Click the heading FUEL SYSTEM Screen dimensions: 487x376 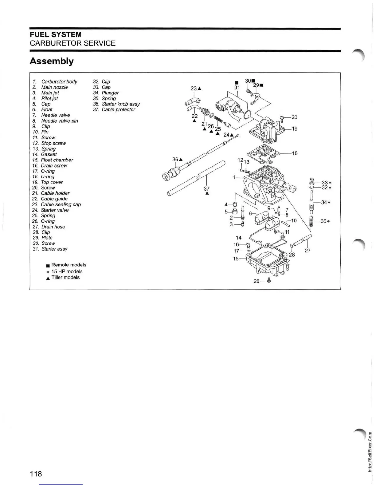click(55, 34)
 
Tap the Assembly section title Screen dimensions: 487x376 click(52, 61)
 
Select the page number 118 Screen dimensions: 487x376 click(36, 473)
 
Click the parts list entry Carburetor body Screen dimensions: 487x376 click(59, 81)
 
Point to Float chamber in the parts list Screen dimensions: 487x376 click(57, 160)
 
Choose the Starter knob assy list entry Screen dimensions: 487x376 click(120, 104)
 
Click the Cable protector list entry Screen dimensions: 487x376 click(118, 109)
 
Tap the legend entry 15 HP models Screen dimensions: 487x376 click(67, 271)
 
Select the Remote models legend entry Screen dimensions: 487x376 click(69, 265)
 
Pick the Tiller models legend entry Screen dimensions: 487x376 click(65, 277)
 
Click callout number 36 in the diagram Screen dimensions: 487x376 click(175, 159)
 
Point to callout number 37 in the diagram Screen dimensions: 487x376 click(207, 188)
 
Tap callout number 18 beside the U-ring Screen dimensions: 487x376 click(295, 153)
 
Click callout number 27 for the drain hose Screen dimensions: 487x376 click(307, 251)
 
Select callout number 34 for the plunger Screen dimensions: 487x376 click(324, 202)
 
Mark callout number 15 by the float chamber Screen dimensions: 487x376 click(236, 259)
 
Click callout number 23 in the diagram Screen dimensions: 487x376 click(194, 88)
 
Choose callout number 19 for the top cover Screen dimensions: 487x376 click(295, 129)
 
